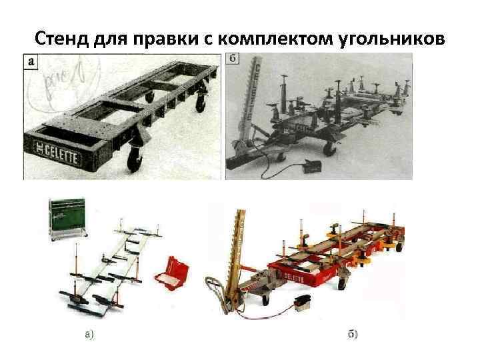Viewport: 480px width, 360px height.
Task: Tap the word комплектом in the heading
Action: point(277,39)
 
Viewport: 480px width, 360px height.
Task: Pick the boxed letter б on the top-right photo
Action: point(234,60)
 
